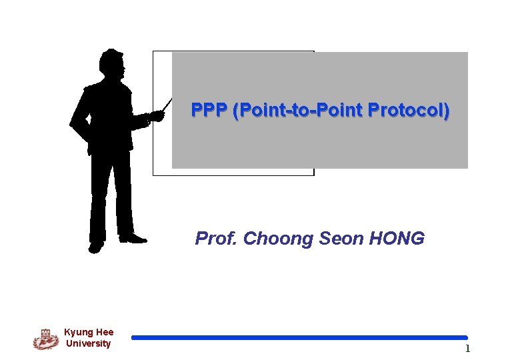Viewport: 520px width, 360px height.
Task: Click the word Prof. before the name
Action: coord(217,239)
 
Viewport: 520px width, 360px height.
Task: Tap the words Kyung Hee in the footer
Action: coord(89,332)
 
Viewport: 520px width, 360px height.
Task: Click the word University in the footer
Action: coord(89,343)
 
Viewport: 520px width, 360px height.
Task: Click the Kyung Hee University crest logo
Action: coord(46,339)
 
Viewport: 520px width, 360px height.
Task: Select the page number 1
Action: coord(467,349)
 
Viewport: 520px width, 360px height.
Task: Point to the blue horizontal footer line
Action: coord(299,338)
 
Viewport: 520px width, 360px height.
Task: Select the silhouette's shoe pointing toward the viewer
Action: coord(96,247)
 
